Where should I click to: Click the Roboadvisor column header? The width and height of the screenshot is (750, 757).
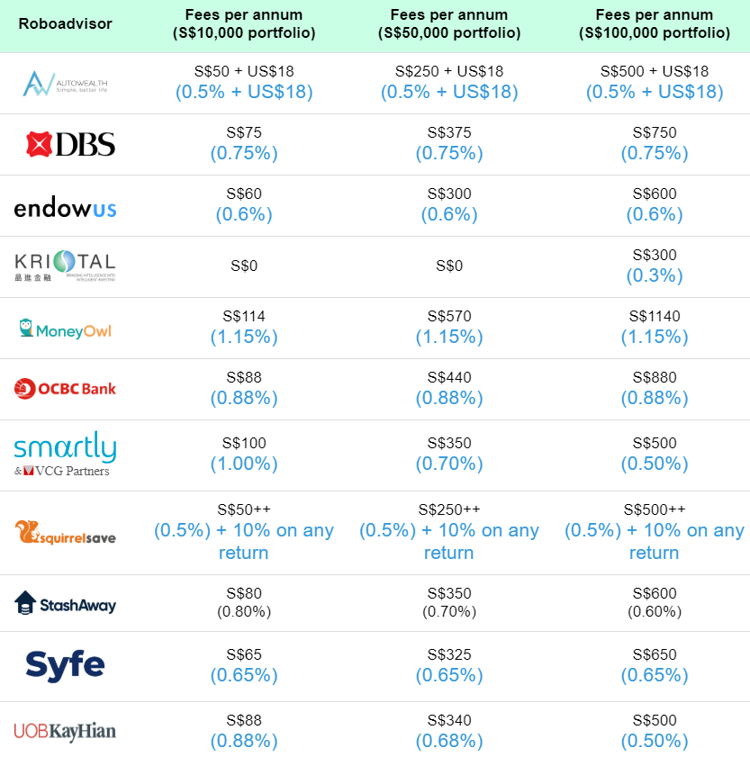pyautogui.click(x=66, y=23)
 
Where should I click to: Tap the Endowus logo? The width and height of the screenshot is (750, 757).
pyautogui.click(x=65, y=208)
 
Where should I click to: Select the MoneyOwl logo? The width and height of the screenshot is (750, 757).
pyautogui.click(x=65, y=329)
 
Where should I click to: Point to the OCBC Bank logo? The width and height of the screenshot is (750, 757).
pyautogui.click(x=65, y=389)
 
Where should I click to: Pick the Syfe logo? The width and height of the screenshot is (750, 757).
pyautogui.click(x=65, y=665)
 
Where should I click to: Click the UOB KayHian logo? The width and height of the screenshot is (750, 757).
pyautogui.click(x=65, y=730)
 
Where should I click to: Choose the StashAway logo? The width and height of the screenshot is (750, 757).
pyautogui.click(x=65, y=603)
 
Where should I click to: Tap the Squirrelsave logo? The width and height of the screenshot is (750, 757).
pyautogui.click(x=65, y=532)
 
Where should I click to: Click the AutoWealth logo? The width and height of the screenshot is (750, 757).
pyautogui.click(x=65, y=83)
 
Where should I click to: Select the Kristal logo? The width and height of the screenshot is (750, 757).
pyautogui.click(x=65, y=266)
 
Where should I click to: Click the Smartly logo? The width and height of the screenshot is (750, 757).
pyautogui.click(x=65, y=455)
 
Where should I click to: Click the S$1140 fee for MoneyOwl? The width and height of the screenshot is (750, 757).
pyautogui.click(x=655, y=317)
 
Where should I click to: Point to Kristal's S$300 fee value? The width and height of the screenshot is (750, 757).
pyautogui.click(x=655, y=256)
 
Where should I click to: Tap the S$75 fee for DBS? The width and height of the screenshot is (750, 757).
pyautogui.click(x=244, y=133)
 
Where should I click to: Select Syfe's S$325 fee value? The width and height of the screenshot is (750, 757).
pyautogui.click(x=449, y=655)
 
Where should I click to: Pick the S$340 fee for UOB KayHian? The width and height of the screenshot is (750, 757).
pyautogui.click(x=449, y=720)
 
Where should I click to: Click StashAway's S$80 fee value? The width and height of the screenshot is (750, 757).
pyautogui.click(x=244, y=593)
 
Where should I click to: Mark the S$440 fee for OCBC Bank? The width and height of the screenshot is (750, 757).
pyautogui.click(x=449, y=378)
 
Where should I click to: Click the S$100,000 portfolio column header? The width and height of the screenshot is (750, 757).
pyautogui.click(x=655, y=23)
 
